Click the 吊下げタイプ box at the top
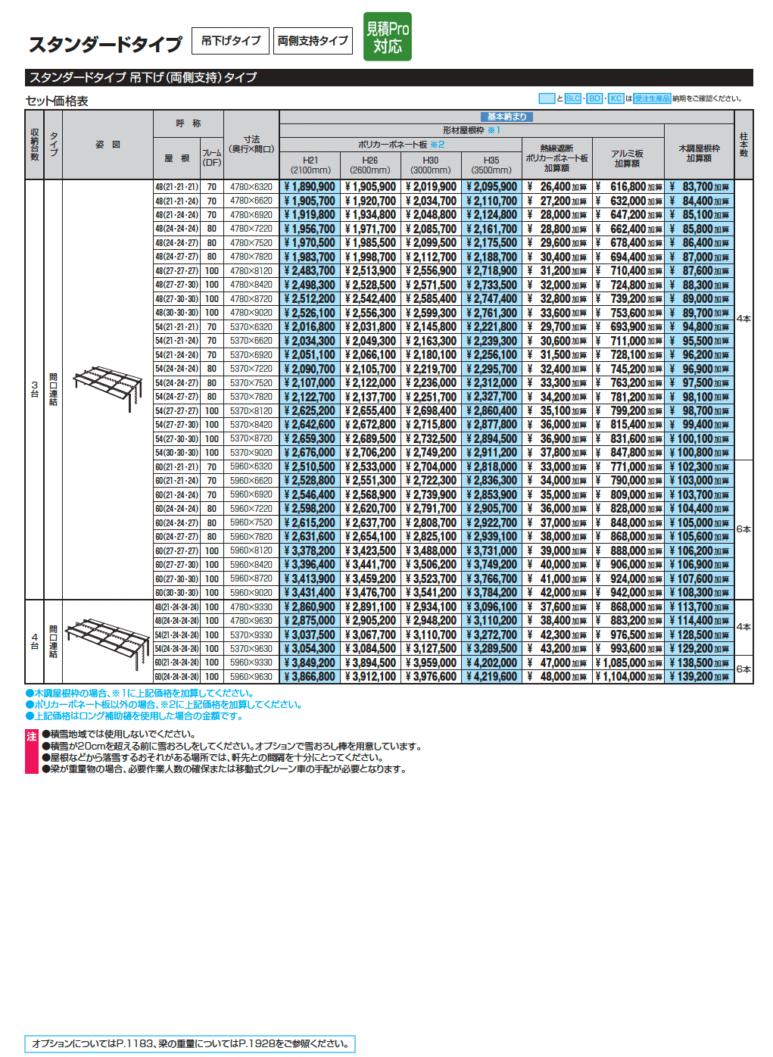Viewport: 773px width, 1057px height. tap(231, 41)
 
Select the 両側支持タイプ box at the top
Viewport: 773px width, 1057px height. tap(313, 41)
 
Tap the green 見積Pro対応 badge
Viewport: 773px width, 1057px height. tap(387, 37)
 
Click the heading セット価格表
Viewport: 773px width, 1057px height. tap(57, 101)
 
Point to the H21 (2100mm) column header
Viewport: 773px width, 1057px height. tap(310, 165)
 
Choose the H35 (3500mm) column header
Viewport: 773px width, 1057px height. tap(491, 165)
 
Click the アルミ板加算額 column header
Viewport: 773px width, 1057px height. tap(627, 158)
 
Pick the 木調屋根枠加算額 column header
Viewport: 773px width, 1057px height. tap(699, 154)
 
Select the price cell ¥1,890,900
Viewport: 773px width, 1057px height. tap(310, 187)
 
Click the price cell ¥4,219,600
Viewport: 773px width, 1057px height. tap(491, 677)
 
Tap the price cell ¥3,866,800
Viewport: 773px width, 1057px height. tap(310, 677)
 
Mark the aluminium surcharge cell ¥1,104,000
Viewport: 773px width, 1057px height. tap(628, 677)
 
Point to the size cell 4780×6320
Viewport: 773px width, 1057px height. tap(251, 187)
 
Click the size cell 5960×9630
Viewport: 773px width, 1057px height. tap(251, 677)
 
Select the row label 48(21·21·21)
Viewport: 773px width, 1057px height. tap(176, 187)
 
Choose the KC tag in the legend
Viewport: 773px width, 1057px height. tap(616, 98)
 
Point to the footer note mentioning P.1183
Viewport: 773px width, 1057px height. tap(189, 1043)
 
